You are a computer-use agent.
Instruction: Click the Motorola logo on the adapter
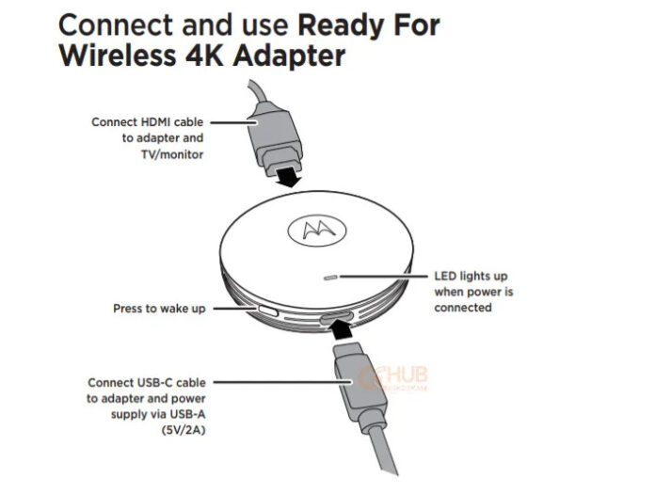pyautogui.click(x=317, y=231)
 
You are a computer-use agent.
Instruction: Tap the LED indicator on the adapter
pyautogui.click(x=330, y=278)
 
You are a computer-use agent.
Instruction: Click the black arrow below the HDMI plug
pyautogui.click(x=289, y=176)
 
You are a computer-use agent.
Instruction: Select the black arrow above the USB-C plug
pyautogui.click(x=341, y=328)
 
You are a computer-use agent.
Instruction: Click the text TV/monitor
pyautogui.click(x=172, y=154)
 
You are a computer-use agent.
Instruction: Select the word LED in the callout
pyautogui.click(x=445, y=276)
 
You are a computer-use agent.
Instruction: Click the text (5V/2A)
pyautogui.click(x=184, y=430)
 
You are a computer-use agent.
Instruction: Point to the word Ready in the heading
pyautogui.click(x=339, y=26)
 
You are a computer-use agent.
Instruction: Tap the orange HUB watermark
pyautogui.click(x=392, y=378)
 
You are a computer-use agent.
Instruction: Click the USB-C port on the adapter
pyautogui.click(x=336, y=319)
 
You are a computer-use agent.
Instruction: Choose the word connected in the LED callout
pyautogui.click(x=463, y=308)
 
